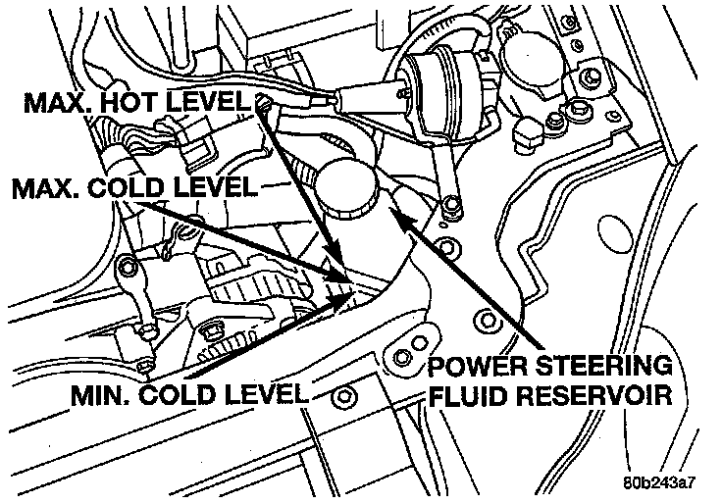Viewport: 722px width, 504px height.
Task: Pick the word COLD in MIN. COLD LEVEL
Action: click(187, 395)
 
